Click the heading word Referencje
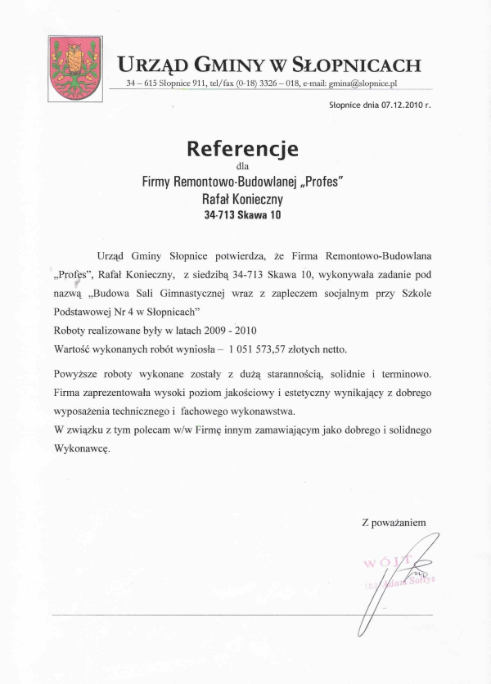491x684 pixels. tap(243, 149)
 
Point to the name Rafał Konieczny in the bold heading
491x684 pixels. tap(243, 198)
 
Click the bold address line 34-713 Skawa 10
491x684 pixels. tap(243, 217)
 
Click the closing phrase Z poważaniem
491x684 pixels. tap(394, 521)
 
